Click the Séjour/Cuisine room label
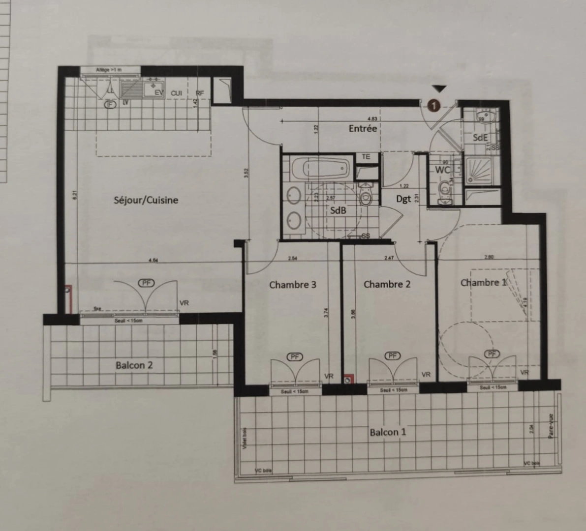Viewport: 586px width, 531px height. coord(146,200)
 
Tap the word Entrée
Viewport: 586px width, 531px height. coord(363,128)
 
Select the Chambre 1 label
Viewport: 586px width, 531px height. coord(483,282)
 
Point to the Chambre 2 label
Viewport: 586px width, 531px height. coord(387,284)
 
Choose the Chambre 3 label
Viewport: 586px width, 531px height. coord(293,285)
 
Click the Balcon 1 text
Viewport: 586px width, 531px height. coord(388,432)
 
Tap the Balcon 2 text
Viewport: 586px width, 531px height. coord(134,365)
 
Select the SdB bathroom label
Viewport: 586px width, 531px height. coord(338,210)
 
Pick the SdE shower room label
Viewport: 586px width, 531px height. coord(480,138)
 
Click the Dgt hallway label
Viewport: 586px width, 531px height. coord(403,199)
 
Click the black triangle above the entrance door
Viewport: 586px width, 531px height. coord(439,89)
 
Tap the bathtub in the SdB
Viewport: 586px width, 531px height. coord(320,169)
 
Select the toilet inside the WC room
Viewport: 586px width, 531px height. coord(446,188)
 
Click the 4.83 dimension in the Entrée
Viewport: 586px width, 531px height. coord(372,118)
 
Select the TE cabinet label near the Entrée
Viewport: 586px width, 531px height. coord(366,157)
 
